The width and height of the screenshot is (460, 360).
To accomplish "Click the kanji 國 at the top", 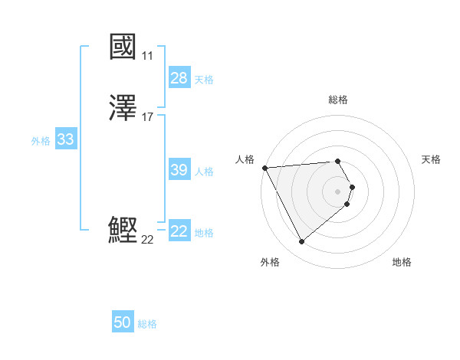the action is tap(123, 47).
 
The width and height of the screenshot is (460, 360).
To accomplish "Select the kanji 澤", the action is tap(123, 109).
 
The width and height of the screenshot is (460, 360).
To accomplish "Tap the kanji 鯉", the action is tap(123, 231).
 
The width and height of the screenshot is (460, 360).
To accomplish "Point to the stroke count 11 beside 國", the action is tap(147, 56).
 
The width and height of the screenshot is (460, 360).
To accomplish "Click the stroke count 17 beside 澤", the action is tap(148, 117).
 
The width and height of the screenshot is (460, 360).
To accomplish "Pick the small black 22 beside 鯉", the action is tap(147, 240).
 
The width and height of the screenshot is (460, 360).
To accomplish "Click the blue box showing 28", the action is tap(179, 78).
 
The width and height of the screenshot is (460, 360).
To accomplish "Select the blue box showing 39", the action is tap(179, 171).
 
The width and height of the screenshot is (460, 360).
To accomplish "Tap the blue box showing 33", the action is tap(65, 140).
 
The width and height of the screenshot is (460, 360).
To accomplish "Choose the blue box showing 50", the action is tap(123, 323).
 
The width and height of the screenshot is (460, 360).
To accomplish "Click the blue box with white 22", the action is tap(179, 232).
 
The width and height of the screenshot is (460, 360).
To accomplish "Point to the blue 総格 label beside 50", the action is tap(147, 324).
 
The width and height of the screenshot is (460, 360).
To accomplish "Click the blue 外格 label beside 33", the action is tap(41, 141).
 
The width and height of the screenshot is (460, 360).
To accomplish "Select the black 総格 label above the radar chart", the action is tap(338, 100).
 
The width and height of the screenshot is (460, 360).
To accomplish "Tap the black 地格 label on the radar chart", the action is tap(402, 263).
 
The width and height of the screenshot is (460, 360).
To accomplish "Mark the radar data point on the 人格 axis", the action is tap(264, 168).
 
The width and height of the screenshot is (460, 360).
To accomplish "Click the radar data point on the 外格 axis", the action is tap(301, 242).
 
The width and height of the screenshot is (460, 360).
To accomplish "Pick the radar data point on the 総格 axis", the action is tap(338, 161).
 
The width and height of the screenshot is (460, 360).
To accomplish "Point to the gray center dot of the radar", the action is tap(338, 191).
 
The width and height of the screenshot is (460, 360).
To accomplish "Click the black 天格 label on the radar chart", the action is tap(431, 159).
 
